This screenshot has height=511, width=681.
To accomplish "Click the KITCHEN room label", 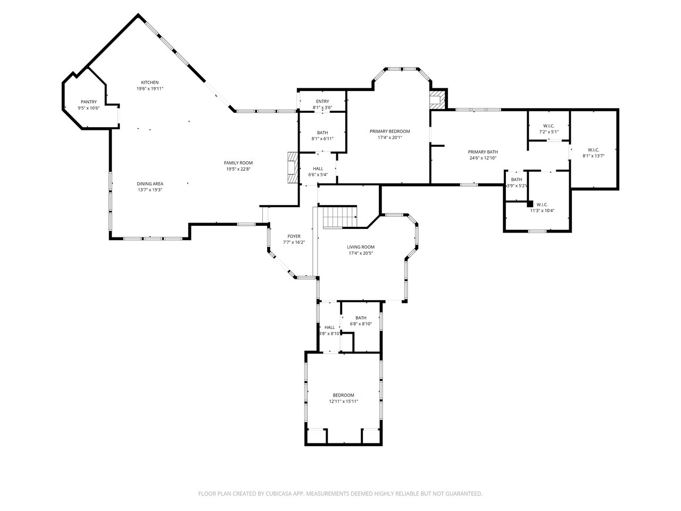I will tap(150, 83).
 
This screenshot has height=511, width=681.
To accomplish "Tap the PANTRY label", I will tap(89, 102).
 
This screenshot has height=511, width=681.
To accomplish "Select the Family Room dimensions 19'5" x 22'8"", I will tap(238, 169).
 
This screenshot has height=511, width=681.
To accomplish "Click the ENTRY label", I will tap(322, 102).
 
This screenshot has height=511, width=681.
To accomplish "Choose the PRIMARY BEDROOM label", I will tap(390, 131).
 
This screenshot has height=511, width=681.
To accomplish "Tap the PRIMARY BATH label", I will tap(483, 152).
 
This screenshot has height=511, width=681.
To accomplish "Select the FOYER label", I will tap(294, 236).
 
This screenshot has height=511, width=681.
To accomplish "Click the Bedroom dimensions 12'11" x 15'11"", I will tap(343, 401).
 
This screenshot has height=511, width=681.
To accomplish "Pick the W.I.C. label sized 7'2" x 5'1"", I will tap(549, 126).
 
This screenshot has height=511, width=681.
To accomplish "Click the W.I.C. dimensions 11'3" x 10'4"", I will tap(542, 210).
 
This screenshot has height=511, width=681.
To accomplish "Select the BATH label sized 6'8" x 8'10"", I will tap(361, 318).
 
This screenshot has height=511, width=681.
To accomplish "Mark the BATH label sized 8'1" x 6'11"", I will tap(322, 133).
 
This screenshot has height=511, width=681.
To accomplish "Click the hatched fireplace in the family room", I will tap(292, 168).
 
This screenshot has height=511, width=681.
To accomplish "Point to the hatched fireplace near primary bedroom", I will tap(437, 100).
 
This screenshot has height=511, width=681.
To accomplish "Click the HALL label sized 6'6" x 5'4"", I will tap(318, 169).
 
